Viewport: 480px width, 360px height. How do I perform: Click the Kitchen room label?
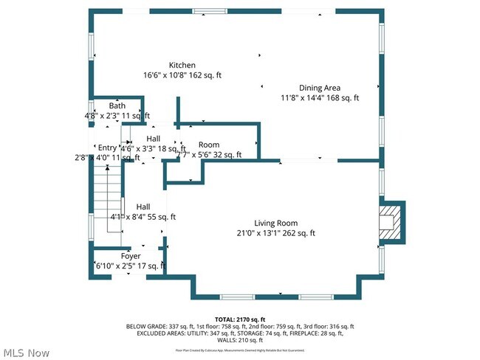[x=182, y=65]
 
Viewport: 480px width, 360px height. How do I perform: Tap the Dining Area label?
[x=319, y=88]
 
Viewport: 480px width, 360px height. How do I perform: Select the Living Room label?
[x=275, y=223]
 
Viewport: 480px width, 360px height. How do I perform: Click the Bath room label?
[x=117, y=106]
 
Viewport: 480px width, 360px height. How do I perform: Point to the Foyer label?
[x=130, y=256]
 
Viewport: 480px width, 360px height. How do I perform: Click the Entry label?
[x=108, y=148]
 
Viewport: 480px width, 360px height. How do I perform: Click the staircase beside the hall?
[x=106, y=199]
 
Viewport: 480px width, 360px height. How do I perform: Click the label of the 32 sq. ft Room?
[x=208, y=145]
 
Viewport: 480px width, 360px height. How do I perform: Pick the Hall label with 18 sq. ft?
[x=154, y=139]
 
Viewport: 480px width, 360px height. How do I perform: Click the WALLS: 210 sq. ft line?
[x=240, y=340]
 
